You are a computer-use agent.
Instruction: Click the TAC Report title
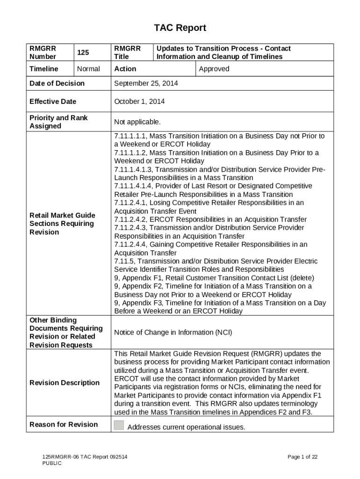pos(180,28)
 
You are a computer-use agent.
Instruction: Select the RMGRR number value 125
pos(83,53)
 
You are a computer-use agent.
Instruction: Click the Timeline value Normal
pos(88,69)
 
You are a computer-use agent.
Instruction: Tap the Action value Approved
pos(214,69)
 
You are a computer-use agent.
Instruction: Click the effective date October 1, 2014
pos(139,102)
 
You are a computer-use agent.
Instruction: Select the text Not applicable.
pos(137,122)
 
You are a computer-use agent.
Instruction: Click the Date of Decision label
pos(57,83)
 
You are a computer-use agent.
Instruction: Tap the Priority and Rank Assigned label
pos(58,122)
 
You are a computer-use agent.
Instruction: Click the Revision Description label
pos(65,383)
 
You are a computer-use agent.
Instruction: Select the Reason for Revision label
pos(64,424)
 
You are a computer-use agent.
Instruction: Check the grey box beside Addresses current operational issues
pos(119,425)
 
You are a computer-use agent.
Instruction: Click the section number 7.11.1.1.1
pos(130,136)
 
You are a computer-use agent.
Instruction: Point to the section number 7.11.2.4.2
pos(130,219)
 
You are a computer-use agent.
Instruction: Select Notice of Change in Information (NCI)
pos(173,333)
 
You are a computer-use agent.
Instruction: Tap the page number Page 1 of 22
pos(302,457)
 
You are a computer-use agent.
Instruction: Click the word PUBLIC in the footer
pos(52,463)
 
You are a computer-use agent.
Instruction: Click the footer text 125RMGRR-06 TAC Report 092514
pos(85,457)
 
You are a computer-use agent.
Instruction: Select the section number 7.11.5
pos(124,261)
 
